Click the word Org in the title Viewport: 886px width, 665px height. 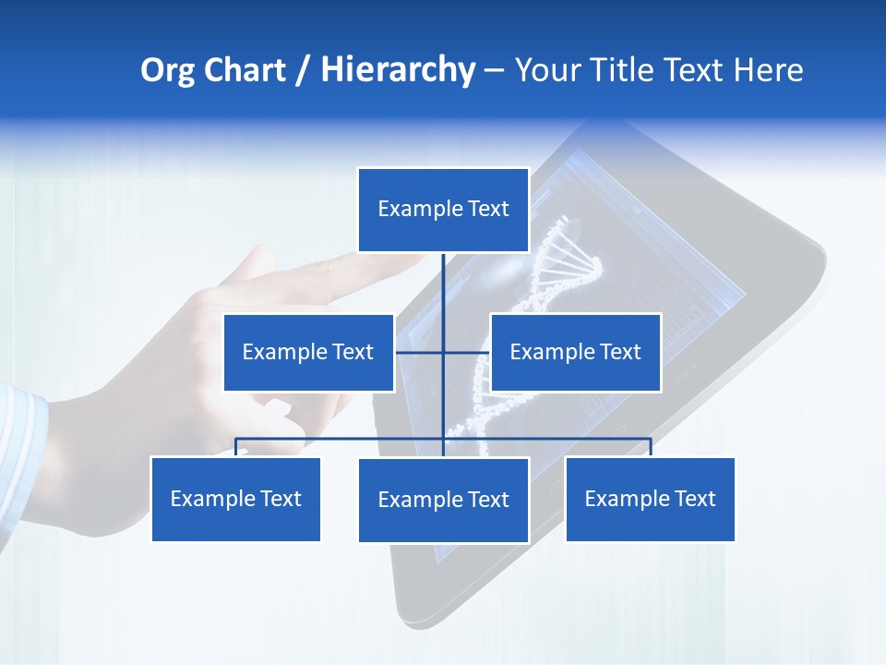click(167, 70)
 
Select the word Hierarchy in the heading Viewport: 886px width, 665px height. click(398, 70)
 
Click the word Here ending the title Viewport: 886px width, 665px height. click(768, 70)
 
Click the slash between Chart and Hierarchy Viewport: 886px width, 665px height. click(304, 71)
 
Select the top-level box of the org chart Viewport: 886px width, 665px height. click(443, 210)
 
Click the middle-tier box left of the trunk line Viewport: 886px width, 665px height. click(308, 352)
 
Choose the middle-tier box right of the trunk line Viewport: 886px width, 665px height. click(575, 352)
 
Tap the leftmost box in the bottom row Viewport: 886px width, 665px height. click(235, 499)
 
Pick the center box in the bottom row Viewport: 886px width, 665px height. click(443, 500)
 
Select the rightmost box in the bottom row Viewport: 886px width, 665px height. click(650, 499)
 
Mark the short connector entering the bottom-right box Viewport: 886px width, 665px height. click(651, 447)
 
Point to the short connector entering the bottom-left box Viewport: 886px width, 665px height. click(236, 447)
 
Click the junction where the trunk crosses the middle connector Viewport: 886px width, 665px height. click(443, 352)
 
